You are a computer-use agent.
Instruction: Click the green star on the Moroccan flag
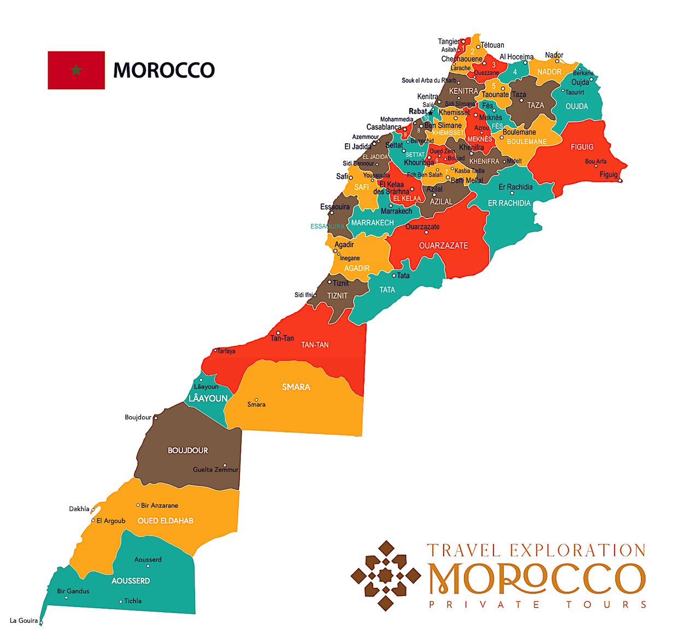pyautogui.click(x=76, y=70)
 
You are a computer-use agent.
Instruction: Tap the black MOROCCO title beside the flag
pyautogui.click(x=163, y=70)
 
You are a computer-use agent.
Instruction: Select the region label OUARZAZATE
pyautogui.click(x=443, y=246)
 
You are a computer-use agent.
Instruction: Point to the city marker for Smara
pyautogui.click(x=256, y=399)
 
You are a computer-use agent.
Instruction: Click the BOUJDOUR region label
pyautogui.click(x=187, y=450)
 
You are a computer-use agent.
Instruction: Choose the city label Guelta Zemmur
pyautogui.click(x=215, y=469)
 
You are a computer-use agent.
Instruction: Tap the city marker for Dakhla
pyautogui.click(x=93, y=510)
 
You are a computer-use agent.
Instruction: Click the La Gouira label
pyautogui.click(x=24, y=620)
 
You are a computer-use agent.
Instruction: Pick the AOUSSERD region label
pyautogui.click(x=131, y=581)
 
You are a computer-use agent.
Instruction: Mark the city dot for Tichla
pyautogui.click(x=121, y=602)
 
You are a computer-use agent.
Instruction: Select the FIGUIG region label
pyautogui.click(x=582, y=147)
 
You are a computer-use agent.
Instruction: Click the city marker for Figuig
pyautogui.click(x=620, y=180)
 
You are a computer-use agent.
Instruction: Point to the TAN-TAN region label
pyautogui.click(x=315, y=345)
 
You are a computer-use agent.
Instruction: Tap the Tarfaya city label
pyautogui.click(x=226, y=351)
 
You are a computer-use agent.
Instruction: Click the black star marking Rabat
pyautogui.click(x=431, y=113)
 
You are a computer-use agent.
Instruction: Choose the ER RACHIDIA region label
pyautogui.click(x=509, y=203)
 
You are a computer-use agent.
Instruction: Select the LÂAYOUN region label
pyautogui.click(x=208, y=398)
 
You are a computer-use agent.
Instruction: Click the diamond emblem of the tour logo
pyautogui.click(x=386, y=575)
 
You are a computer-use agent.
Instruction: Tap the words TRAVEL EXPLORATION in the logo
pyautogui.click(x=536, y=550)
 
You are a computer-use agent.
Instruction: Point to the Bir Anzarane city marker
pyautogui.click(x=138, y=505)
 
